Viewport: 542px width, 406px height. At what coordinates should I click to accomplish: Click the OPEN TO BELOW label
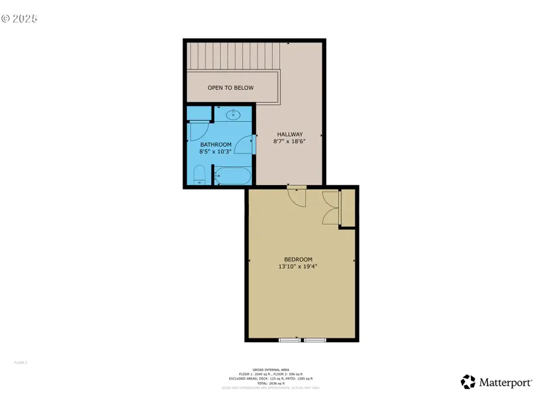pos(231,88)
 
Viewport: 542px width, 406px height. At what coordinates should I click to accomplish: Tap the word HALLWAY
pos(290,134)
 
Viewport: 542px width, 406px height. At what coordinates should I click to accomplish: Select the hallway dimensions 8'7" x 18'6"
pos(290,142)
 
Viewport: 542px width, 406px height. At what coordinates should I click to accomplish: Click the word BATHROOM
pos(216,144)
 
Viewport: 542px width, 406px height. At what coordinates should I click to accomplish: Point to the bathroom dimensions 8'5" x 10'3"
pos(216,152)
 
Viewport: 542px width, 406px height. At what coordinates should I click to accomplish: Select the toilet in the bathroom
pos(199,176)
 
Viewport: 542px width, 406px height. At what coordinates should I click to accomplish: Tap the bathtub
pos(232,176)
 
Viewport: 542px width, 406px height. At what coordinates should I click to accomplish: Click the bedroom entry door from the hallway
pos(297,196)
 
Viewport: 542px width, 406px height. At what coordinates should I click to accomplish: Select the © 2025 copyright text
pos(19,19)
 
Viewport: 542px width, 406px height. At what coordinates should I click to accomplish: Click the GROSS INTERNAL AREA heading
pos(270,369)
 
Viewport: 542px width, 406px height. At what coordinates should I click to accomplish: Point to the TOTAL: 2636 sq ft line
pos(270,383)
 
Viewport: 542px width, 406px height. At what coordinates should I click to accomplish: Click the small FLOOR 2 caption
pos(20,363)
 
